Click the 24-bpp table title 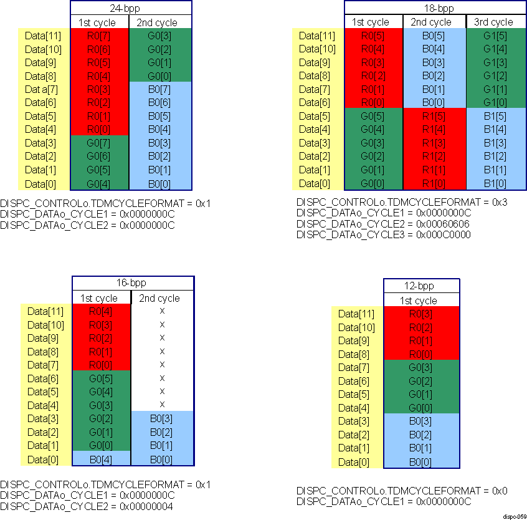point(130,9)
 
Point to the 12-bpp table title point(421,287)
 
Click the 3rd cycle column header point(493,22)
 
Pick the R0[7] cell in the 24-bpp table point(100,36)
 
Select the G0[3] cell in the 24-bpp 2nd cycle point(159,36)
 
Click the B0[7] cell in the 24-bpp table point(159,89)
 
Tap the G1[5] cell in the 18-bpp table point(493,36)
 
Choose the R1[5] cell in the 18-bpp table point(435,116)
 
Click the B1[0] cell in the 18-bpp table point(493,183)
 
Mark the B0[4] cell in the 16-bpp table point(101,460)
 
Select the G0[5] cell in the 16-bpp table point(101,378)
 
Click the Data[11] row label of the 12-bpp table point(356,314)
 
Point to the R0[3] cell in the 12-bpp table point(421,314)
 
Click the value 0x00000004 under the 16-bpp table point(146,506)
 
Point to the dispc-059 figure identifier point(515,516)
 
